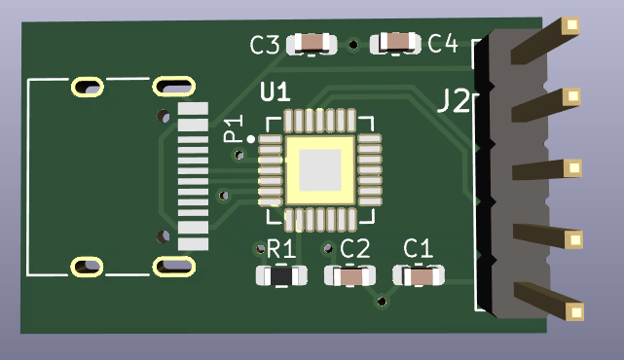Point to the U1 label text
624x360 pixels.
[275, 93]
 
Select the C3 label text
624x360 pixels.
[265, 45]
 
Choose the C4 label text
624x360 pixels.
[442, 43]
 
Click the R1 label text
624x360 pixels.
[280, 249]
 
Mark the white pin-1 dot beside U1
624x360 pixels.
[251, 140]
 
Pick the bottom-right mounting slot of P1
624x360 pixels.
[173, 265]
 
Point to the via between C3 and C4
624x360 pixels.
[353, 43]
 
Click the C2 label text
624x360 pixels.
[354, 249]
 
